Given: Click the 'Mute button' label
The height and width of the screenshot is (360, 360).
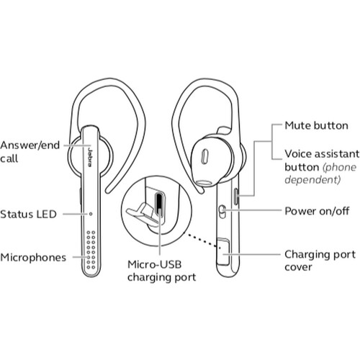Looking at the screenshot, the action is coord(316,126).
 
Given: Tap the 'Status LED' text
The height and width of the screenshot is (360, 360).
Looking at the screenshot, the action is coord(28,215).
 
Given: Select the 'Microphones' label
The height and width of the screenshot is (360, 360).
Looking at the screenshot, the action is coord(33,258).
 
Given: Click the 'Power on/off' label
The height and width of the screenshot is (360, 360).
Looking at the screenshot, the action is coord(317,211).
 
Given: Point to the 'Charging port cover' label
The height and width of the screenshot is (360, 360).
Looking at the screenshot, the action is coord(320,261).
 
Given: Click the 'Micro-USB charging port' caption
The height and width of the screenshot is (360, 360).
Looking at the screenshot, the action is coord(161,271).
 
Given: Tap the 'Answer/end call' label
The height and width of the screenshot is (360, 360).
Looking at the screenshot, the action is coord(30,152).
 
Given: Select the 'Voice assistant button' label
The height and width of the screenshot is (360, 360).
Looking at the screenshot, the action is coord(322,161).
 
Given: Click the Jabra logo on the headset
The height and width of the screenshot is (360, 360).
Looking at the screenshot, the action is coord(90,158).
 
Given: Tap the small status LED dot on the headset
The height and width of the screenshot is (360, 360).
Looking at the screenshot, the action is coord(91,214).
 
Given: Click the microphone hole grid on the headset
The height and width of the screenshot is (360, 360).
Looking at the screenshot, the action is coord(91,250).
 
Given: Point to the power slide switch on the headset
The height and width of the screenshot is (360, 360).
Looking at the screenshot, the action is coord(222,212).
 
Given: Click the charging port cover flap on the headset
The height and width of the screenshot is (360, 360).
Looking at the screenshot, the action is coord(223,252).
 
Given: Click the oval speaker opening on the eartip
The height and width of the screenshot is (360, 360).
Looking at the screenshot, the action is coord(204,157).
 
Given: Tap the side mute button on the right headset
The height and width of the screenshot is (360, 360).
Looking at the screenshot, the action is coord(236,197).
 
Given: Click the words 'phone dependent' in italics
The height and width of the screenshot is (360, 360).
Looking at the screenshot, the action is coord(320,174).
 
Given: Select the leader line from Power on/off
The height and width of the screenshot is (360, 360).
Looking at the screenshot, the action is coord(252,210).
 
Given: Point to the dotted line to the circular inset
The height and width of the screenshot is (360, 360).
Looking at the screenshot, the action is coord(202,240).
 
